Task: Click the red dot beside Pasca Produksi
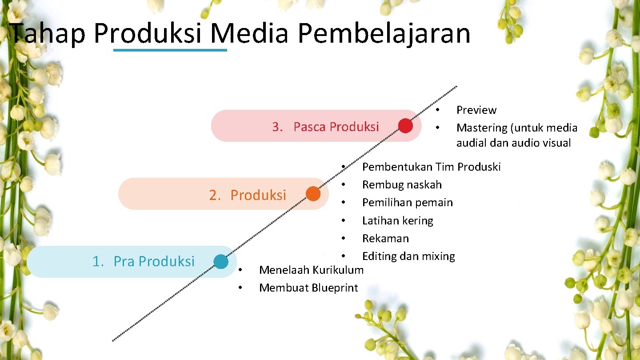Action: point(405,126)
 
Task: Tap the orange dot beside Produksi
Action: point(313,194)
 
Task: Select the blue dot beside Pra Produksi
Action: point(221,262)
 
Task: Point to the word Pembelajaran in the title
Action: point(384,33)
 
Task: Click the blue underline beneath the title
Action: point(170,50)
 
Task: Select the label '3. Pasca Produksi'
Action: point(325,127)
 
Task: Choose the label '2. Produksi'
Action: point(248,195)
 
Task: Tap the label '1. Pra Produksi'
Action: point(143,261)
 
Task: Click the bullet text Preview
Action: point(476,110)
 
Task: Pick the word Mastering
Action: point(482,128)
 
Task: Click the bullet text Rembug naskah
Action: point(402,184)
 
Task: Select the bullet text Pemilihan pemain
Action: point(407,203)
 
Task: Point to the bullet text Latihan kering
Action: point(397,221)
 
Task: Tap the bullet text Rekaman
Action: point(385,238)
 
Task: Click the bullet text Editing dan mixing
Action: point(408,256)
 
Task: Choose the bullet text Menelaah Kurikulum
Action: point(311,270)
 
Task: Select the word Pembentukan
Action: point(397,167)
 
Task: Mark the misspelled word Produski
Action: point(479,167)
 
